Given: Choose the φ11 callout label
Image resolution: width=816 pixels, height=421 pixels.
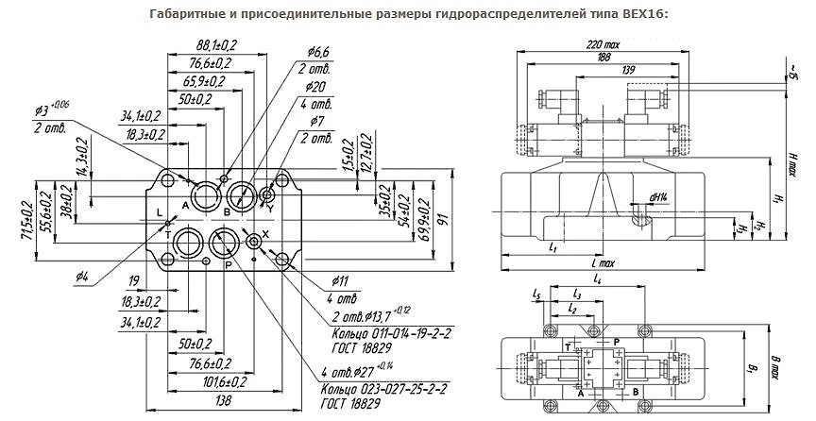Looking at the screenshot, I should click(x=340, y=280).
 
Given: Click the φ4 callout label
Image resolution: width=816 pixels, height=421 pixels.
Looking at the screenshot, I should click(x=81, y=276).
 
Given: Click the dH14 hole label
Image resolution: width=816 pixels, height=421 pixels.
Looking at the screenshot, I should click(x=657, y=196).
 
